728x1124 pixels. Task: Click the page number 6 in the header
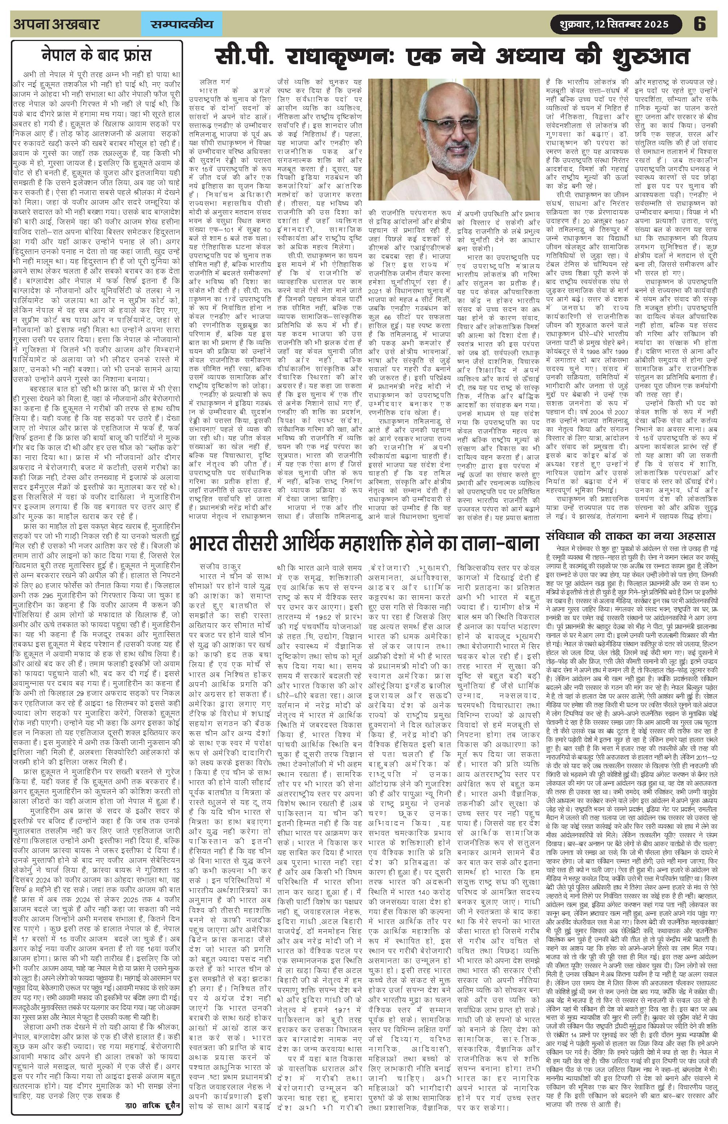click(700, 24)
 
